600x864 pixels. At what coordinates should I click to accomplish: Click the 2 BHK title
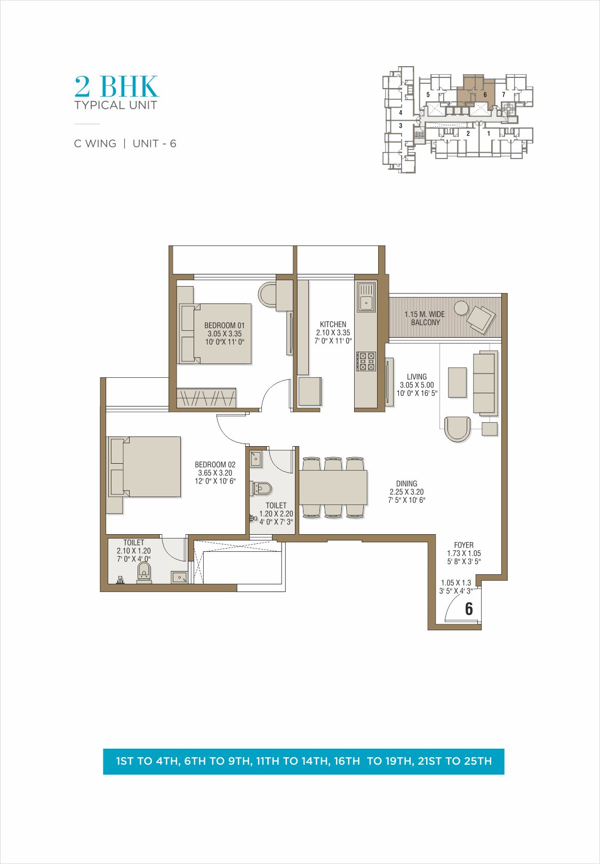click(116, 86)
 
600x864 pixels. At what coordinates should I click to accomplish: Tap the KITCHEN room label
click(333, 324)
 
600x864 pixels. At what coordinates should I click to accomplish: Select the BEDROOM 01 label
click(225, 326)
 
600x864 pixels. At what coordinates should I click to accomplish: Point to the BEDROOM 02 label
click(215, 465)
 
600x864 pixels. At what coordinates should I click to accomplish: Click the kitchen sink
click(366, 297)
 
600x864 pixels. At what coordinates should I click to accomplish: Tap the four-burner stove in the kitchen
click(366, 361)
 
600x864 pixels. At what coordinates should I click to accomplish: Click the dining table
click(333, 487)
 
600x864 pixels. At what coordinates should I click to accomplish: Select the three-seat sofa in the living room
click(484, 383)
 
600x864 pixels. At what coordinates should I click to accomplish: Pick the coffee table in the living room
click(458, 382)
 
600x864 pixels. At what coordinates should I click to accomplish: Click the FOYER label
click(463, 545)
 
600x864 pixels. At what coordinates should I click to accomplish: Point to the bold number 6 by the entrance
click(469, 609)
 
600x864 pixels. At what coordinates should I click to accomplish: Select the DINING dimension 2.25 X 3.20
click(406, 492)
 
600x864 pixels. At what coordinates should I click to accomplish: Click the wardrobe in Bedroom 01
click(206, 398)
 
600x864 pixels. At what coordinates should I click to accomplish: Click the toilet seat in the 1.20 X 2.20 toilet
click(262, 489)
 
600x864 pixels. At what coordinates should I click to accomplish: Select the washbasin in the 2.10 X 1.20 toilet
click(180, 577)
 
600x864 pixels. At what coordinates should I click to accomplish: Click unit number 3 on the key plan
click(401, 125)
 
